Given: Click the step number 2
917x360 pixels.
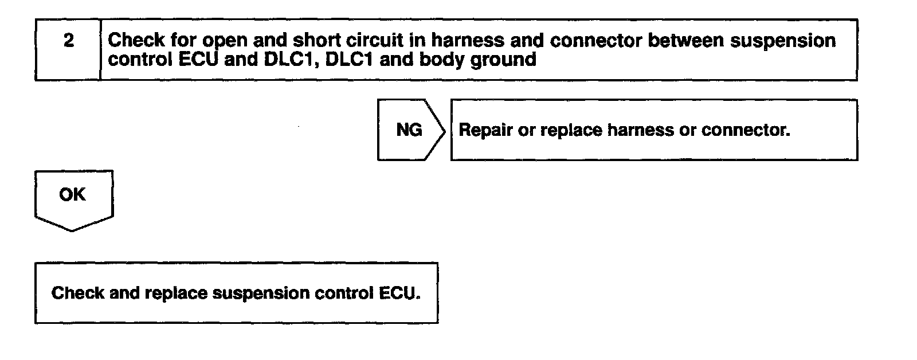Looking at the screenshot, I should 68,41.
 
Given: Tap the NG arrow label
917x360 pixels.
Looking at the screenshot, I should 409,130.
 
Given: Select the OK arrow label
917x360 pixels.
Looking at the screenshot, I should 72,195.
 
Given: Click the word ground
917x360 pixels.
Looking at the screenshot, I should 503,60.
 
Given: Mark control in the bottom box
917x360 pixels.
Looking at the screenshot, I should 344,293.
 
